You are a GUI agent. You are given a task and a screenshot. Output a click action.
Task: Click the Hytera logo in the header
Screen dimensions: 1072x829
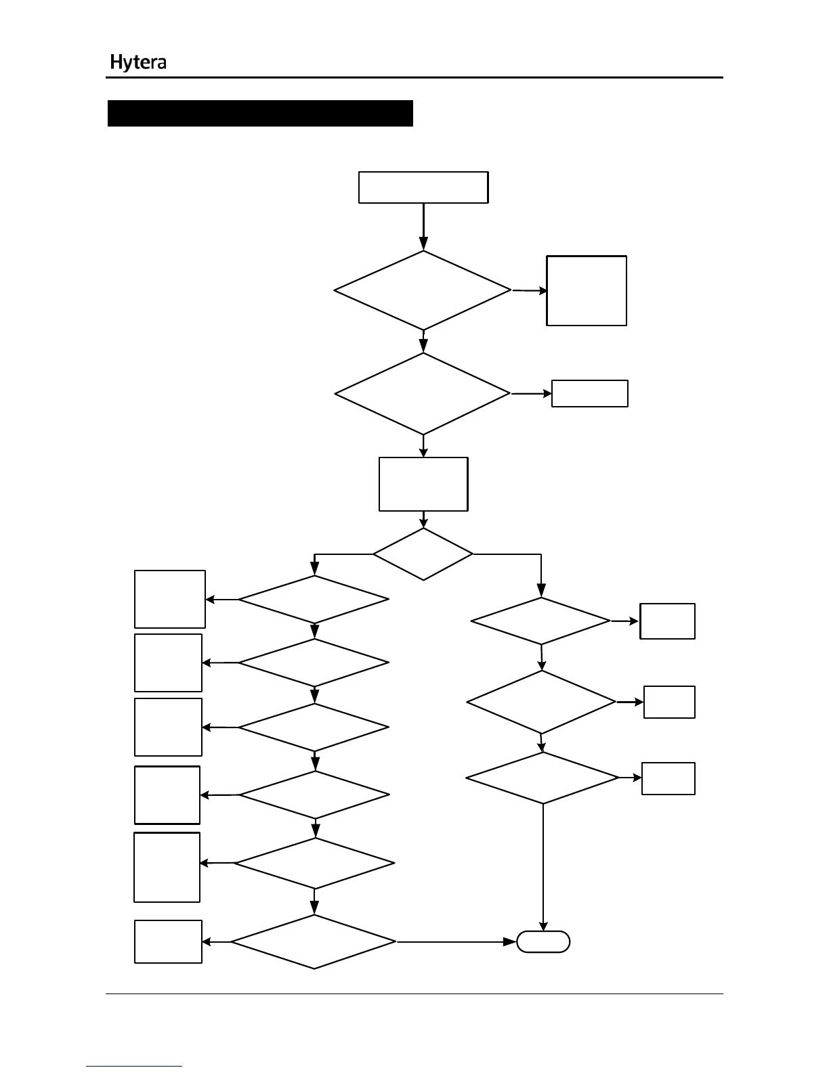[138, 63]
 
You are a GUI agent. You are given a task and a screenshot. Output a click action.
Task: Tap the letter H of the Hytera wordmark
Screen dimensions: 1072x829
[116, 63]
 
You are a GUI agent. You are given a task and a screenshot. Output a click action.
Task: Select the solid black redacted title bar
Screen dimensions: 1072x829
[260, 113]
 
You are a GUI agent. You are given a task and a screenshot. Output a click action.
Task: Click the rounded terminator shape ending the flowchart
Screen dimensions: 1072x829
[543, 941]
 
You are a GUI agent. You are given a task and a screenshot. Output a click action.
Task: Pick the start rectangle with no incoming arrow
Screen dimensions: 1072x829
[423, 187]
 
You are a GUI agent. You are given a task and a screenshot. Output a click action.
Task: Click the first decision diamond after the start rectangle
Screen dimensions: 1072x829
[423, 290]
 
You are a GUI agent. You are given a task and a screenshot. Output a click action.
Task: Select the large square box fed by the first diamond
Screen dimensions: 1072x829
[587, 290]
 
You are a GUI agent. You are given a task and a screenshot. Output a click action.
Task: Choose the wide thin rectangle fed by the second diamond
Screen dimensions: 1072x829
[590, 393]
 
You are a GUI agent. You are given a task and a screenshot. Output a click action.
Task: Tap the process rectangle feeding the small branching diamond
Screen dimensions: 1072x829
[423, 484]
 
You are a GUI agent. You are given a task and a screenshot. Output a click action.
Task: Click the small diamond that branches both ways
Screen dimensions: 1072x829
[423, 554]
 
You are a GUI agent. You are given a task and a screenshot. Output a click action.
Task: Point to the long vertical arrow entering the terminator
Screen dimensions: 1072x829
[543, 866]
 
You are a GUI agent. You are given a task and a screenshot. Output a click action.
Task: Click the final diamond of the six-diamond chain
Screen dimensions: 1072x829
[314, 941]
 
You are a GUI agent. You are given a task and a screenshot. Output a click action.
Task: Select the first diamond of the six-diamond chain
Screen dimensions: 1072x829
[314, 599]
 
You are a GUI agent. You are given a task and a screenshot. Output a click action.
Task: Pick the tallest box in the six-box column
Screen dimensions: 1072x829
[167, 867]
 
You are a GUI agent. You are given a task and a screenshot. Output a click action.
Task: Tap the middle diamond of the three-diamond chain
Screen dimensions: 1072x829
[541, 702]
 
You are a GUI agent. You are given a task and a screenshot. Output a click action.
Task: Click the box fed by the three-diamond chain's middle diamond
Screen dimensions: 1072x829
[669, 702]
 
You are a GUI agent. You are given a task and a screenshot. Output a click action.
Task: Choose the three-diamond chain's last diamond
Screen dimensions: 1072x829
[543, 778]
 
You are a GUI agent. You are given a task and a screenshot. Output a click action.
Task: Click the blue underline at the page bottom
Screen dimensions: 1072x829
[134, 1066]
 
